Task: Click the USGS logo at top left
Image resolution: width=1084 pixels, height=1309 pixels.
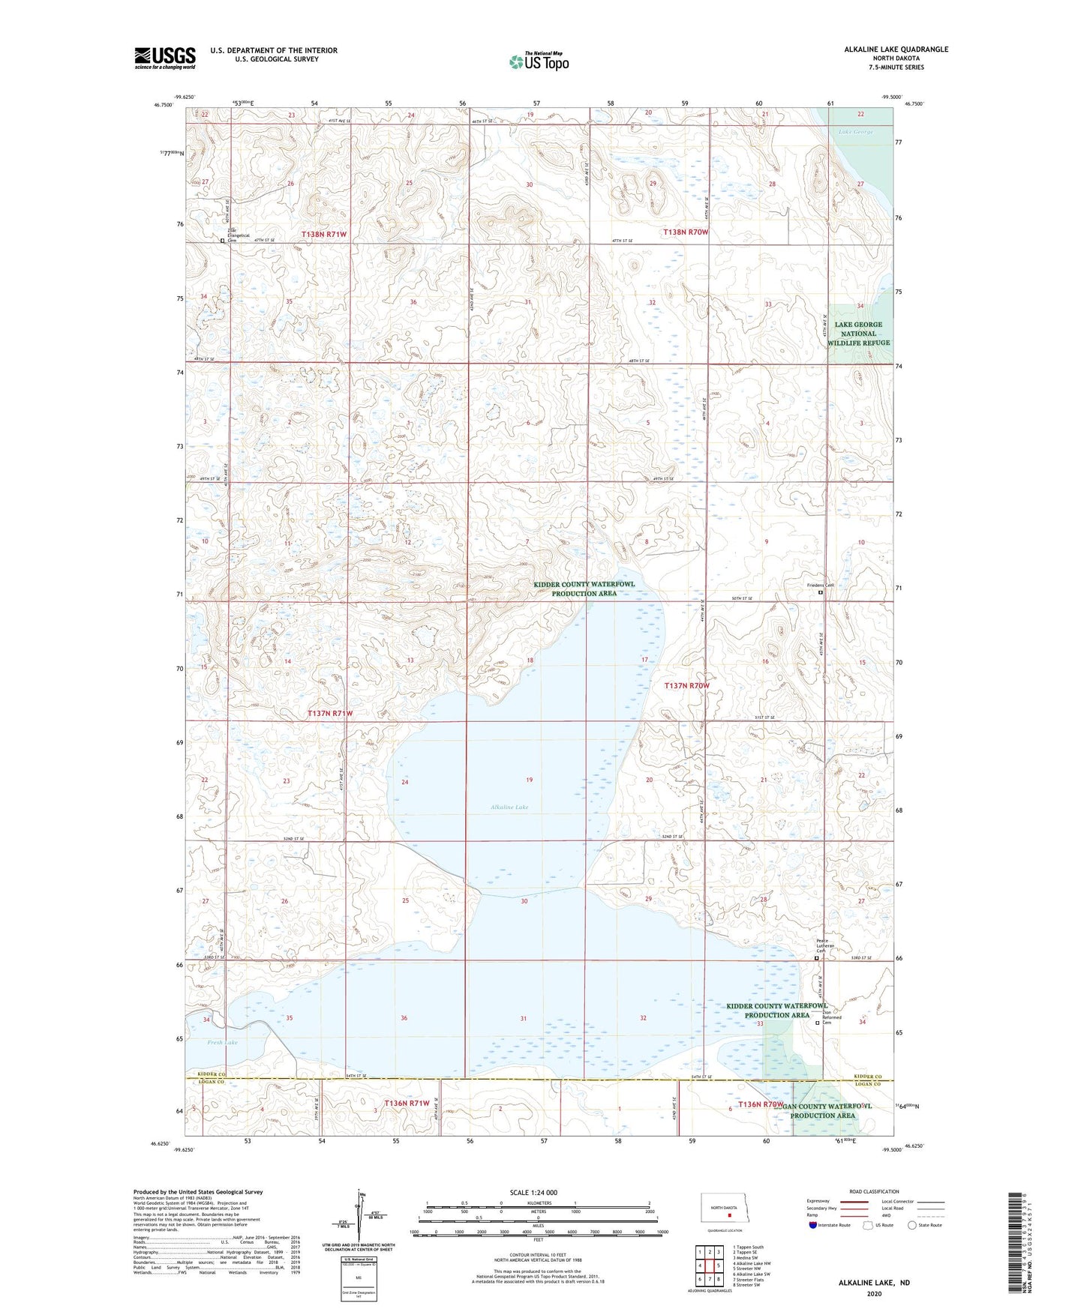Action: [165, 58]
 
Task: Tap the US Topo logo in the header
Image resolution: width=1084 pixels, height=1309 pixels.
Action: [539, 61]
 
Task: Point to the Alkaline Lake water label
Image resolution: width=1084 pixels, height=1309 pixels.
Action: [509, 807]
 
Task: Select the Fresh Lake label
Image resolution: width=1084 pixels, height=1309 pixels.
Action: [222, 1043]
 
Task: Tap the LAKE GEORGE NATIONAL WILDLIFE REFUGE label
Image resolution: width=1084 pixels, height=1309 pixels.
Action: [858, 334]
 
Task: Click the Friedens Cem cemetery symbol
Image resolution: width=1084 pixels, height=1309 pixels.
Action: [820, 592]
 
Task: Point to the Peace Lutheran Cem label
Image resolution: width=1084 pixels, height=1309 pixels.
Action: [822, 945]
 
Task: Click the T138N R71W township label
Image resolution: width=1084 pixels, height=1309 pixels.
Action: [324, 234]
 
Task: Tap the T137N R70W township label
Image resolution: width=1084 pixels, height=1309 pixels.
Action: [686, 685]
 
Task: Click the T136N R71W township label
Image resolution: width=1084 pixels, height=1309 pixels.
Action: [407, 1103]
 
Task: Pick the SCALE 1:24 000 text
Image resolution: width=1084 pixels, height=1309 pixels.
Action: [533, 1192]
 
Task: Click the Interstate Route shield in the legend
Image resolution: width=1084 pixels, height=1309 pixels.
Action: [813, 1225]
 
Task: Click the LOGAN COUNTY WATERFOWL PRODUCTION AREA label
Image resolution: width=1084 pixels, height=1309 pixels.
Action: [822, 1110]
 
